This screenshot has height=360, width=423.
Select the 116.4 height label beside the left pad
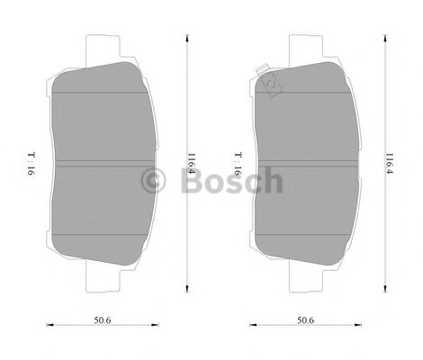191,163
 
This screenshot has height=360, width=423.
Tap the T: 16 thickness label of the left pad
32,163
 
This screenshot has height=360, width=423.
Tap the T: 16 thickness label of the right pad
238,163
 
